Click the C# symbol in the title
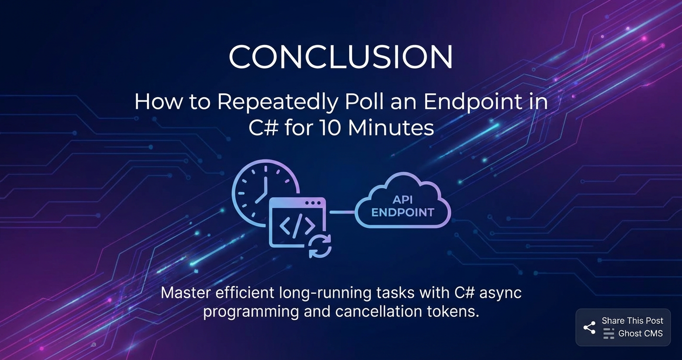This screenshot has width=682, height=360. (x=263, y=127)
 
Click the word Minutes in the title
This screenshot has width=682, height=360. (x=391, y=128)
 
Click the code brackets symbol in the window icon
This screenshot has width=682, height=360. (x=297, y=225)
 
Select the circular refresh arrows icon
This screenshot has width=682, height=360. (x=320, y=246)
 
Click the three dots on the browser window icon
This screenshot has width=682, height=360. (x=313, y=203)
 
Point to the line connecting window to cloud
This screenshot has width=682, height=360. (x=342, y=212)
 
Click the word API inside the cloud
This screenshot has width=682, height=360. (x=402, y=200)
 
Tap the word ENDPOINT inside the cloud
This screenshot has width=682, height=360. (x=403, y=213)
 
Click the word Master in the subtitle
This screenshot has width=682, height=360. (x=186, y=293)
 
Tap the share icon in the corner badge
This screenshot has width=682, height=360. (x=590, y=328)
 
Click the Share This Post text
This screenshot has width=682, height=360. (x=632, y=321)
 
